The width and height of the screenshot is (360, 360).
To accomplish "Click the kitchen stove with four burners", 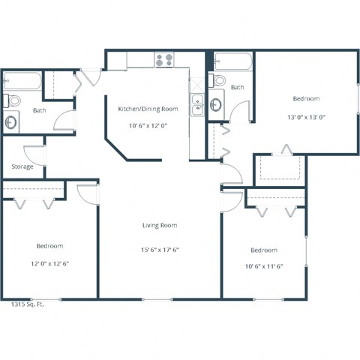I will coord(164,59).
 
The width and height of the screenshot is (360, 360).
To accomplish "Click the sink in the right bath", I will coord(216,104).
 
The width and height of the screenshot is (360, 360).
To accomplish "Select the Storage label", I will coord(22,166).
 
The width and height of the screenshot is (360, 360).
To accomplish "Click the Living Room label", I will coord(160,225).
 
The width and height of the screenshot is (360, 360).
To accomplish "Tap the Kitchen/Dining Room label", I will coord(148,109).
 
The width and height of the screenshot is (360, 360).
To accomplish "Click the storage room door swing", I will coord(36,154).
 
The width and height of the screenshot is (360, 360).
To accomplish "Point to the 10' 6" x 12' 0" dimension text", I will coord(148,126).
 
